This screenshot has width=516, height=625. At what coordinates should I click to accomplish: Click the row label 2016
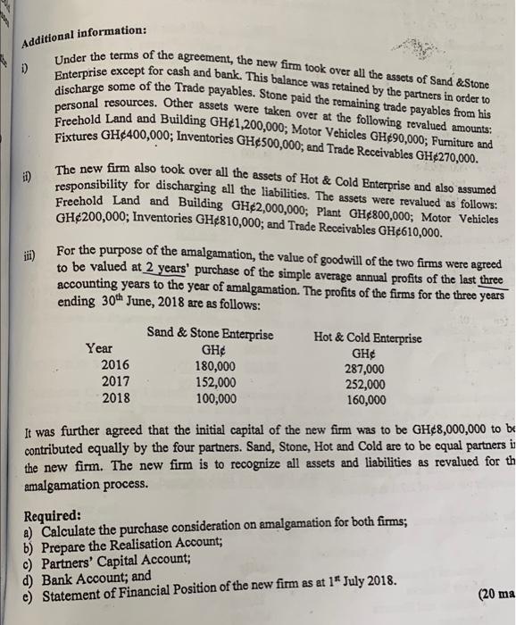pyautogui.click(x=117, y=366)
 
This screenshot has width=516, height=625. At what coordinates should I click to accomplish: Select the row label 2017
pyautogui.click(x=117, y=382)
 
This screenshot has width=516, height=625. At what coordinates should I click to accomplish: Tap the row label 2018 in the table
pyautogui.click(x=117, y=398)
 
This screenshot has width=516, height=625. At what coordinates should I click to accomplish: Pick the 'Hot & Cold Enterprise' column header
pyautogui.click(x=369, y=337)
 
